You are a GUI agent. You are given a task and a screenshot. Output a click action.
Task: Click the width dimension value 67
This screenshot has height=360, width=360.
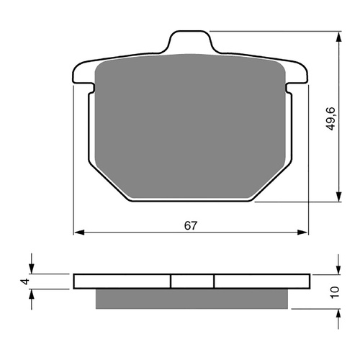(191, 225)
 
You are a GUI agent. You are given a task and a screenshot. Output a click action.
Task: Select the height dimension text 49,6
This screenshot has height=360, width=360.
(330, 117)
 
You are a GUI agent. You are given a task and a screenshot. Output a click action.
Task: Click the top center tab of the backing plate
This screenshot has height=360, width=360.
(191, 42)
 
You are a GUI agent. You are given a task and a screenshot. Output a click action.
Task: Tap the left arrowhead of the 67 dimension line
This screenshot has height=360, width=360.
(78, 233)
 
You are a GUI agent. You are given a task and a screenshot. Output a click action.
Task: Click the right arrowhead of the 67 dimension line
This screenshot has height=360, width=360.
(304, 233)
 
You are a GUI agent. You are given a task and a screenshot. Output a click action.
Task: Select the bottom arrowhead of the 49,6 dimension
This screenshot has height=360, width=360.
(338, 199)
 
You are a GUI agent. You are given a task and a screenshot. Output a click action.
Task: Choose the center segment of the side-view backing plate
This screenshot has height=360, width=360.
(192, 281)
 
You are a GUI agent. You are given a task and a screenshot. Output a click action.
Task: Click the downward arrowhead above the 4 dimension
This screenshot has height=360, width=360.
(31, 269)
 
